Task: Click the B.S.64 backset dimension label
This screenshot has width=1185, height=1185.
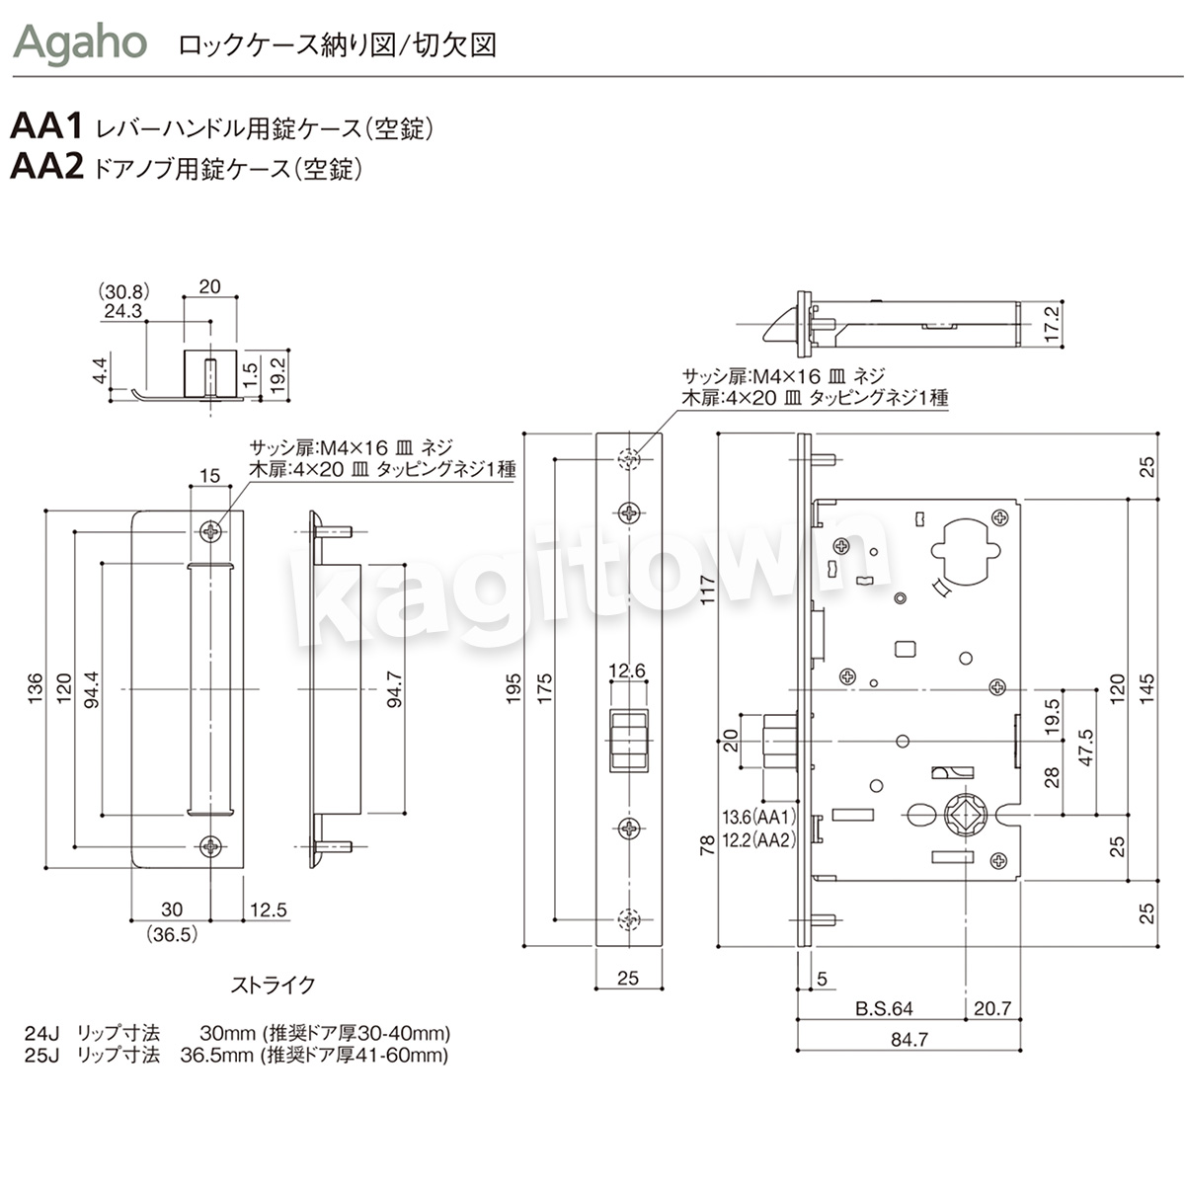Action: [884, 1008]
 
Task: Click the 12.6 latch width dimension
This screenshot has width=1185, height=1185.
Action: [627, 671]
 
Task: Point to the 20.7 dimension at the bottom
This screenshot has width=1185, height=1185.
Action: [992, 1008]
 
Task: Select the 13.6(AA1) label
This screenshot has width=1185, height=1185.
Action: [759, 818]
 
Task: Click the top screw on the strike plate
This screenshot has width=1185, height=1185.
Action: [212, 531]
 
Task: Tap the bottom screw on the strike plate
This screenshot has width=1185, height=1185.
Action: [212, 845]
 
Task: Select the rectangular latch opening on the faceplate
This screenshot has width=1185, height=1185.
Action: [627, 740]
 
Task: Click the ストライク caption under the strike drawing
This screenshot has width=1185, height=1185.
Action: [274, 985]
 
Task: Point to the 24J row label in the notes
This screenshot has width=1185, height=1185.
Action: [42, 1034]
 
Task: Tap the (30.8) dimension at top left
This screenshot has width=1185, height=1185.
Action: [122, 291]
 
